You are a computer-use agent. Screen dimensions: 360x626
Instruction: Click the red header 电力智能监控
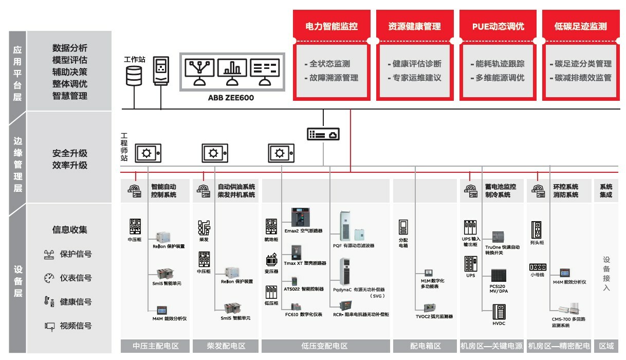[332, 26]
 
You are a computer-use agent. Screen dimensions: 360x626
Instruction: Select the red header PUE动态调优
[498, 26]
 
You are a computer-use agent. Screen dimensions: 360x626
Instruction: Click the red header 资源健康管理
[414, 26]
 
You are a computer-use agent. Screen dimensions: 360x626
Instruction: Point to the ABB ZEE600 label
[231, 98]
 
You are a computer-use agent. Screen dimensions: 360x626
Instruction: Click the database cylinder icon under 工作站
[134, 75]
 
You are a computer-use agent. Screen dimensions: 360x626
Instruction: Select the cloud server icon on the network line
[323, 134]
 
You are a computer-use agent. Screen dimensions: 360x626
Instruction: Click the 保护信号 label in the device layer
[76, 254]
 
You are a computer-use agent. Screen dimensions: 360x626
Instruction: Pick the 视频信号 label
[76, 326]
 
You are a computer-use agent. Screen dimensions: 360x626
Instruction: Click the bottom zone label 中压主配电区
[155, 346]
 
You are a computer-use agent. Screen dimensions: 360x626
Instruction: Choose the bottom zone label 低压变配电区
[325, 346]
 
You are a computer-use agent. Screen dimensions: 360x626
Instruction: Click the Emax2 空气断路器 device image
[298, 217]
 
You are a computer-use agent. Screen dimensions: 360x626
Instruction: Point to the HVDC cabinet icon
[499, 313]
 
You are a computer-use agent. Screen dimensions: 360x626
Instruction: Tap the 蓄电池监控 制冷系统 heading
[501, 190]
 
